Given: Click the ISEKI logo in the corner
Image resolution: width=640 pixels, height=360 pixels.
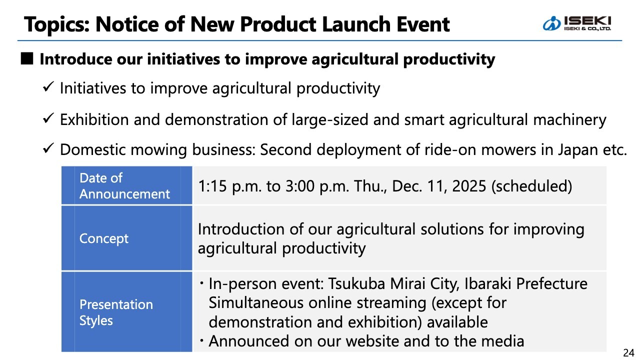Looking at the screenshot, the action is (576, 23).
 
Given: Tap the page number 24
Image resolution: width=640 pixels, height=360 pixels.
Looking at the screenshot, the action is (628, 353).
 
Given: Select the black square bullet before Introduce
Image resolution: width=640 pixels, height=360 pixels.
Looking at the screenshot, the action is (27, 58).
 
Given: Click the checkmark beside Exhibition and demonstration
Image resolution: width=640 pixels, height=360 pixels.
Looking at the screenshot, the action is (48, 118).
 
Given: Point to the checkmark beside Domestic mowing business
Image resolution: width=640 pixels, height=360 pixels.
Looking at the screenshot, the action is (48, 148).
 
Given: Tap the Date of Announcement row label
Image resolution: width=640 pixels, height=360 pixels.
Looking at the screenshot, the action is (124, 185).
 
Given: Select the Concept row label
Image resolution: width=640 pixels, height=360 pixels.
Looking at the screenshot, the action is (104, 238).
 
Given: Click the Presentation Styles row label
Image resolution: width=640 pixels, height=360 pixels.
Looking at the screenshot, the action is (116, 312).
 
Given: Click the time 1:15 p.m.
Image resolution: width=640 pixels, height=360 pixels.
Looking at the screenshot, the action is (229, 186).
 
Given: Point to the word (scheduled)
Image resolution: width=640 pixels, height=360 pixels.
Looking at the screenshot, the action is (531, 186).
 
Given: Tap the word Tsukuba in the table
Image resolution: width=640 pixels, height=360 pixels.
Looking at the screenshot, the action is (356, 283).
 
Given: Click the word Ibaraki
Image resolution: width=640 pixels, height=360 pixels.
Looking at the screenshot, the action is (487, 283).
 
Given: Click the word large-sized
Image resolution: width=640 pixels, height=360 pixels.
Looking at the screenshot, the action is (329, 120).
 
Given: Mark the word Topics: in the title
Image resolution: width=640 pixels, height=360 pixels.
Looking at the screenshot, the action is (57, 25).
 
